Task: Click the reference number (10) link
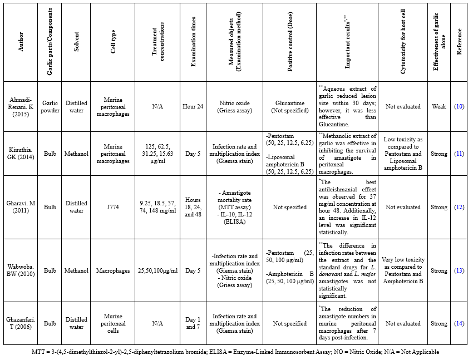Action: click(x=459, y=106)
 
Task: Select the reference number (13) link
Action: click(x=459, y=271)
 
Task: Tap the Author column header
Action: click(x=21, y=42)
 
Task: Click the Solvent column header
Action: click(x=77, y=42)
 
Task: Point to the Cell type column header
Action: click(x=113, y=42)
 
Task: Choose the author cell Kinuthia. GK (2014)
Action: click(x=22, y=154)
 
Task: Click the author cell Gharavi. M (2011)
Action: click(x=22, y=207)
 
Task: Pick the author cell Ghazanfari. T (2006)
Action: click(x=22, y=323)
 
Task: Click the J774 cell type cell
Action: click(x=117, y=207)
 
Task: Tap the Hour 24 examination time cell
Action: click(x=193, y=106)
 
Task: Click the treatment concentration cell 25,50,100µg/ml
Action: click(x=157, y=271)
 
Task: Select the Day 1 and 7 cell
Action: click(x=193, y=323)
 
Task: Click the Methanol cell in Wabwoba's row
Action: click(x=76, y=271)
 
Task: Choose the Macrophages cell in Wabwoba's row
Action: click(x=117, y=271)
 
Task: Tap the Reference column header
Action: click(x=459, y=42)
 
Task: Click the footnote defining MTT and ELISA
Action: click(x=236, y=352)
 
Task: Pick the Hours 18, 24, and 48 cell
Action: click(x=193, y=207)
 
